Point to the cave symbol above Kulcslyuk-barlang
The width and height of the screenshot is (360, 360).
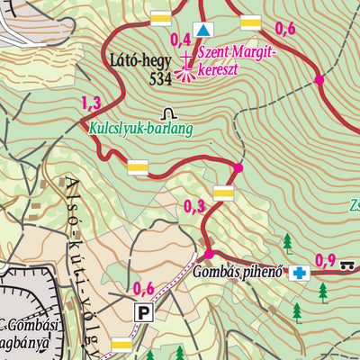pyautogui.click(x=168, y=112)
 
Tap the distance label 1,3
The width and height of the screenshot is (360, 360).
pyautogui.click(x=91, y=102)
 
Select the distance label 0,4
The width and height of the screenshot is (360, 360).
pyautogui.click(x=180, y=38)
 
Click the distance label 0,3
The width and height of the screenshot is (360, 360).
pyautogui.click(x=193, y=206)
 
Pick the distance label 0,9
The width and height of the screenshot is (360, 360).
pyautogui.click(x=325, y=261)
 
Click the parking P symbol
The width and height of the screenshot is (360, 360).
pyautogui.click(x=143, y=312)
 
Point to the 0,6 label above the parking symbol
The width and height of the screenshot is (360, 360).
pyautogui.click(x=144, y=289)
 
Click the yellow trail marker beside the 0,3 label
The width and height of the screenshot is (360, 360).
pyautogui.click(x=223, y=192)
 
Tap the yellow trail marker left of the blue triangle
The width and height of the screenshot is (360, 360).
pyautogui.click(x=161, y=19)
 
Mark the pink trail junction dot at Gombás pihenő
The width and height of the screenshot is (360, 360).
pyautogui.click(x=210, y=254)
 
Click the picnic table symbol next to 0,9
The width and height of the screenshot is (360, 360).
pyautogui.click(x=349, y=262)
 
